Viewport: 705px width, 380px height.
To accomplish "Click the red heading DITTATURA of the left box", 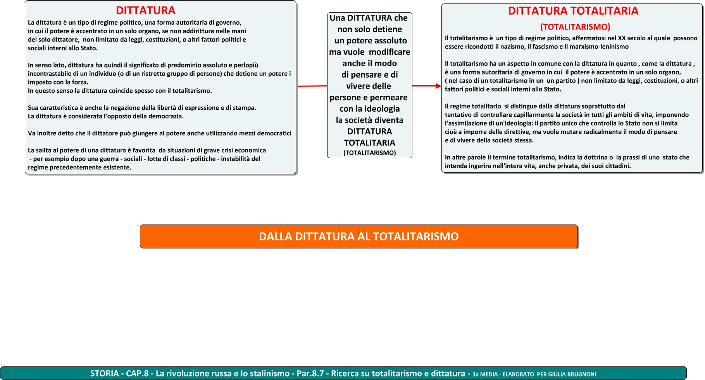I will (x=146, y=10).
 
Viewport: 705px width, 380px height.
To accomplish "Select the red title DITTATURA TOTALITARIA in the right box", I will (x=573, y=11).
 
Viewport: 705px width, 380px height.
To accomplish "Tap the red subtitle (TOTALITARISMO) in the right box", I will (x=575, y=27).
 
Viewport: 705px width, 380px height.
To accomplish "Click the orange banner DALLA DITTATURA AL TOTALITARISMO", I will (x=359, y=237).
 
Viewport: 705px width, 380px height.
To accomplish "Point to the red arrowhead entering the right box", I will (x=438, y=86).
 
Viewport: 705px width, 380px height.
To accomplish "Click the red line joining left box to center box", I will (x=312, y=86).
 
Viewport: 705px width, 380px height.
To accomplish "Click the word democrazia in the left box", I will (x=167, y=116).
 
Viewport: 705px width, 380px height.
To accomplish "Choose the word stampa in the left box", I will (x=244, y=108).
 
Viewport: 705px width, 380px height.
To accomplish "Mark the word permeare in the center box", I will (x=388, y=97).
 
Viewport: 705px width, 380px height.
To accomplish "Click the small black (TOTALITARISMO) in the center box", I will (x=370, y=153).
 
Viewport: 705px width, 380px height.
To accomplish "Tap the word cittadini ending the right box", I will (x=617, y=166).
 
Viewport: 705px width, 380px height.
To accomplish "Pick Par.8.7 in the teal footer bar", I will (x=310, y=373).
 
